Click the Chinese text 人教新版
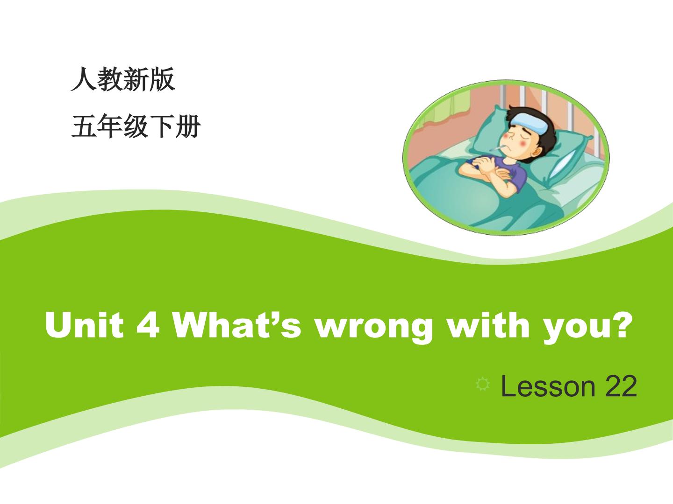(x=123, y=79)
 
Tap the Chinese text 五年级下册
(x=136, y=126)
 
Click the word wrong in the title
(x=374, y=329)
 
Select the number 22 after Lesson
(x=621, y=386)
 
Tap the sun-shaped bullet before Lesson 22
(x=483, y=385)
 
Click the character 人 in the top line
(x=83, y=79)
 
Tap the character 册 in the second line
(x=188, y=126)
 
